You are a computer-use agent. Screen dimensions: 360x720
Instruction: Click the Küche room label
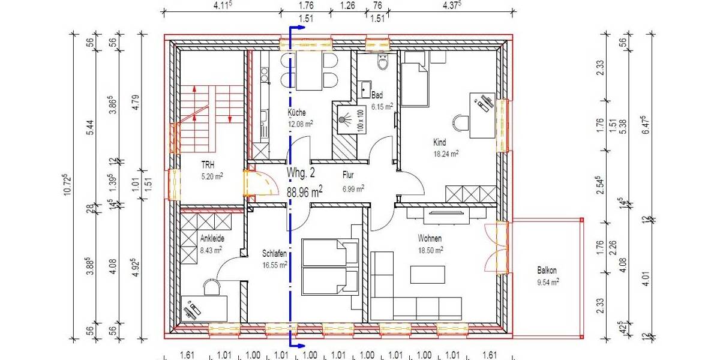tap(296, 113)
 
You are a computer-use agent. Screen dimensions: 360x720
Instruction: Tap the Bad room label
tap(377, 95)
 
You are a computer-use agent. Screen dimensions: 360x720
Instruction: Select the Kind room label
tap(440, 143)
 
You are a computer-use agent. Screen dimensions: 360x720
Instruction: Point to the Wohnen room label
tap(430, 238)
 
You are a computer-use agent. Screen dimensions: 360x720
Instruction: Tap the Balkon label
tap(548, 270)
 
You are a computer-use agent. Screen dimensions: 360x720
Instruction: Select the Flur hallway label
tap(349, 176)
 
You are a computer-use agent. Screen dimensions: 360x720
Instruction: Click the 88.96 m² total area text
tap(304, 191)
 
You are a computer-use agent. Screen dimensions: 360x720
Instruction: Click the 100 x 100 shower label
tap(360, 119)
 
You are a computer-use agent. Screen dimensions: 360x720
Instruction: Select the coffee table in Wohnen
tap(428, 274)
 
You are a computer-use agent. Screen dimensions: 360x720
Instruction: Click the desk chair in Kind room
tap(461, 122)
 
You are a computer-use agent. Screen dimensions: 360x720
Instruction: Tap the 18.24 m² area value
tap(446, 154)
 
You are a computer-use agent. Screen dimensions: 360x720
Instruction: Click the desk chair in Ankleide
tap(212, 287)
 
